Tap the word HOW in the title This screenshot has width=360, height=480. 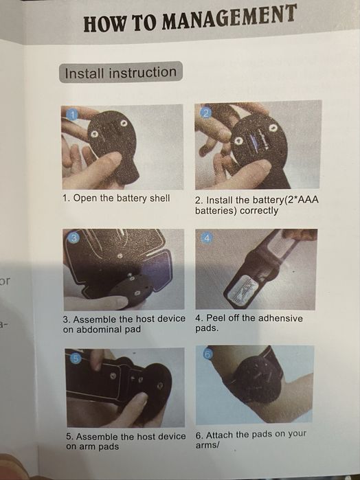click(104, 23)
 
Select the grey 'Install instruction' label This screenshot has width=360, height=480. click(121, 72)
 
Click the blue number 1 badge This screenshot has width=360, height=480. click(72, 115)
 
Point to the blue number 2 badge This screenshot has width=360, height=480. click(205, 113)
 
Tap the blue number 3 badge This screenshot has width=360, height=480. click(74, 238)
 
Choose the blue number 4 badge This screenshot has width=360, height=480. click(207, 238)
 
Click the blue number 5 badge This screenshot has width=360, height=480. click(76, 358)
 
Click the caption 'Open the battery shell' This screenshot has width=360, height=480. click(122, 198)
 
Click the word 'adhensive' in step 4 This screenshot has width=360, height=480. click(280, 319)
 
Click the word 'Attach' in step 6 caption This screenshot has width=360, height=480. click(220, 435)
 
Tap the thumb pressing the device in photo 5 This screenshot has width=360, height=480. click(135, 408)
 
